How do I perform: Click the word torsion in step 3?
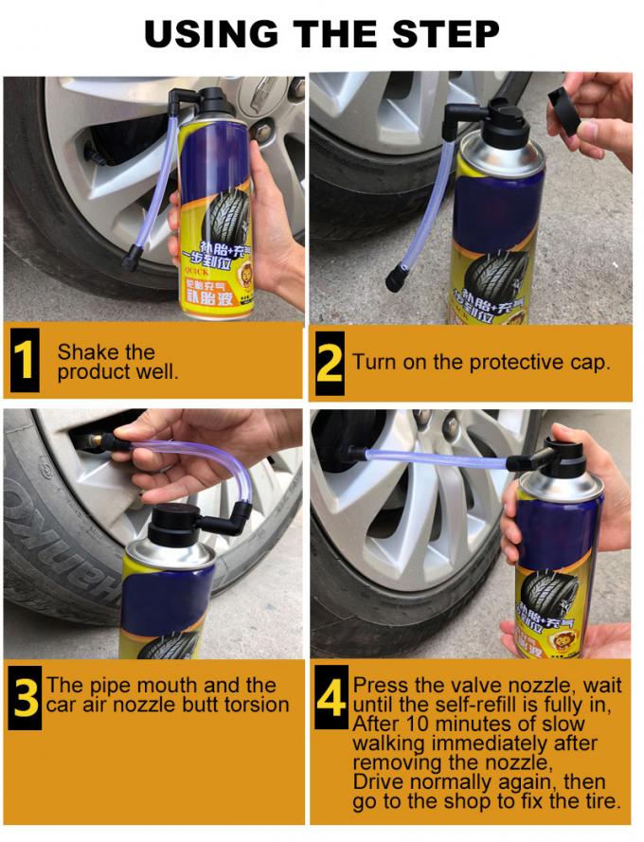(x=252, y=705)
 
